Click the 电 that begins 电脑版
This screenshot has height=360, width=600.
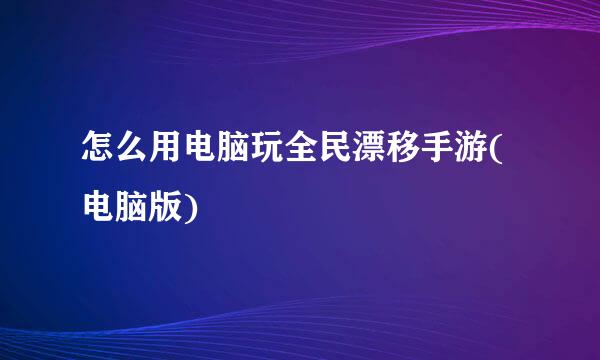pos(97,208)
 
